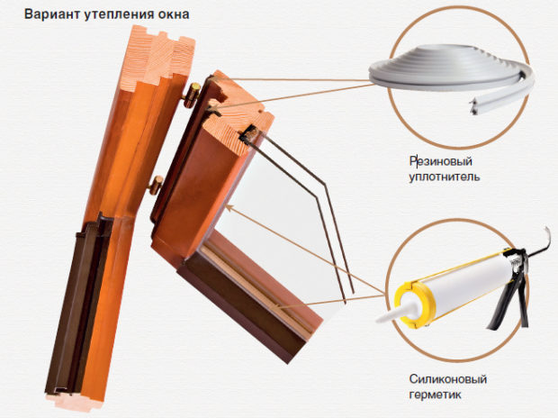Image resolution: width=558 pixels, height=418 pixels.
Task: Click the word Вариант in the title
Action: click(52, 14)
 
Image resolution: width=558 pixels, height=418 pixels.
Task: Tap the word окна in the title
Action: click(172, 14)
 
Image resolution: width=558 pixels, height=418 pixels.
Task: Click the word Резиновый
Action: click(441, 161)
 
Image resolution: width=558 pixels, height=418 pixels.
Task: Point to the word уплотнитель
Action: click(444, 177)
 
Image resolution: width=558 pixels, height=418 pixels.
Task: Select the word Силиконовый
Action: click(447, 378)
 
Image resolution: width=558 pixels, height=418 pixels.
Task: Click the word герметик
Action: click(435, 395)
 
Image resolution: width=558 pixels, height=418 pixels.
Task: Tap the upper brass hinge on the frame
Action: click(191, 95)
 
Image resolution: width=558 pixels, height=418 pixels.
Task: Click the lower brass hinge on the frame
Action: click(156, 186)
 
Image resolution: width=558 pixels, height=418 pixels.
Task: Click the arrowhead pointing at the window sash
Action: click(229, 207)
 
